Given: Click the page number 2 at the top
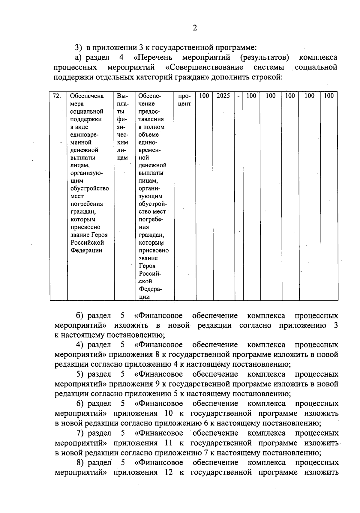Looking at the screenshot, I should tap(195, 28).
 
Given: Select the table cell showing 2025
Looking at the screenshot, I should tap(223, 96).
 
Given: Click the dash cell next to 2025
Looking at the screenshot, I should tap(238, 96).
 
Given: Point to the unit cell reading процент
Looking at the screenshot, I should tap(184, 100).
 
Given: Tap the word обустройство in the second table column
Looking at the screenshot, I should tap(89, 189).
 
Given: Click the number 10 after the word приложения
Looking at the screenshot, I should tap(169, 413).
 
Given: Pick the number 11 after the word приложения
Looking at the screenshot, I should tap(169, 443).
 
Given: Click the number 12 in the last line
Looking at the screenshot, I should tap(169, 472).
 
